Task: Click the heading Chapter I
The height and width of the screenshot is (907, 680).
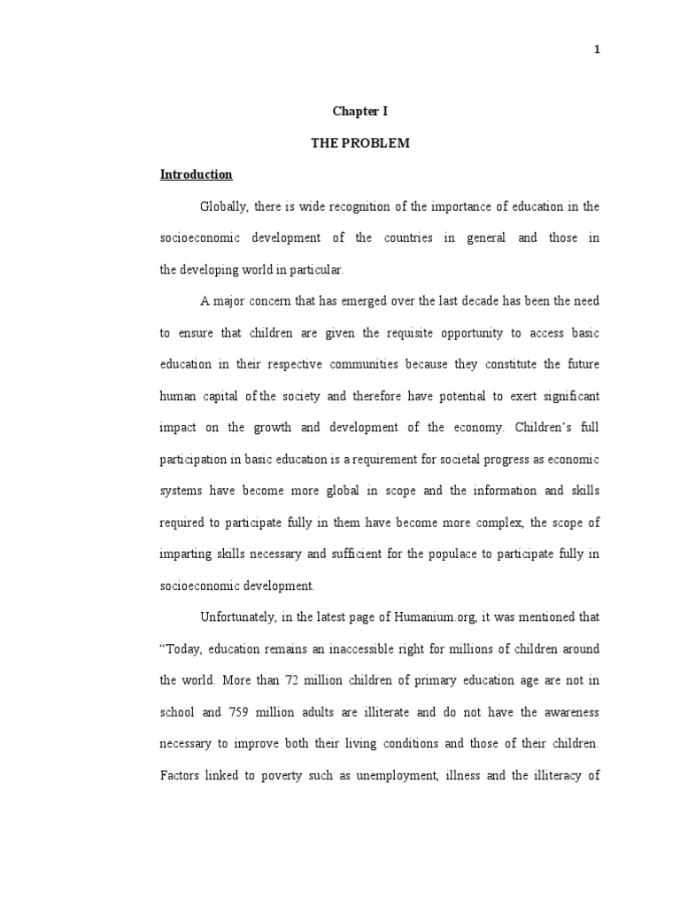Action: (x=359, y=112)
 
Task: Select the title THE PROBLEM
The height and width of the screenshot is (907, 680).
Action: (x=359, y=143)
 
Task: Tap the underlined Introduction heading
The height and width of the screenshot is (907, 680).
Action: (x=196, y=174)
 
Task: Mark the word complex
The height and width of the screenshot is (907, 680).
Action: (x=501, y=523)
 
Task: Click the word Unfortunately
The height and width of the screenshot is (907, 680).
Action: (x=242, y=617)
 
